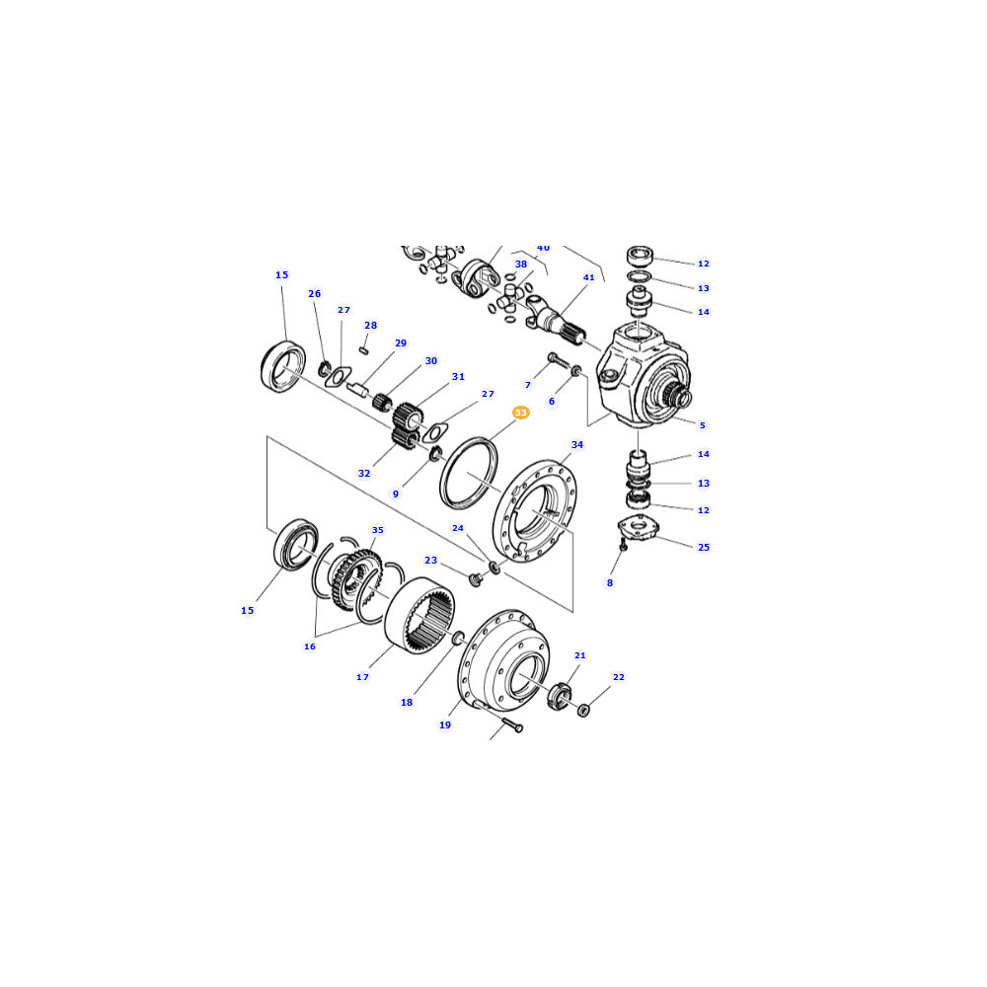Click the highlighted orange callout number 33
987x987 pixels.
pos(520,413)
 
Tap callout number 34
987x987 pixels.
pos(577,444)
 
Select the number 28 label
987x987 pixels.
pos(371,326)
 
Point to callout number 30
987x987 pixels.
pos(431,360)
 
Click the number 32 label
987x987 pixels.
pos(364,474)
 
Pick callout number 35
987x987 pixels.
pos(378,530)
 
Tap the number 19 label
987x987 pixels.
pos(445,725)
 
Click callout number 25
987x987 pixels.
pos(704,548)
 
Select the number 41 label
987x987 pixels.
pos(588,277)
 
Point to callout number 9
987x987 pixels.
pos(396,494)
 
